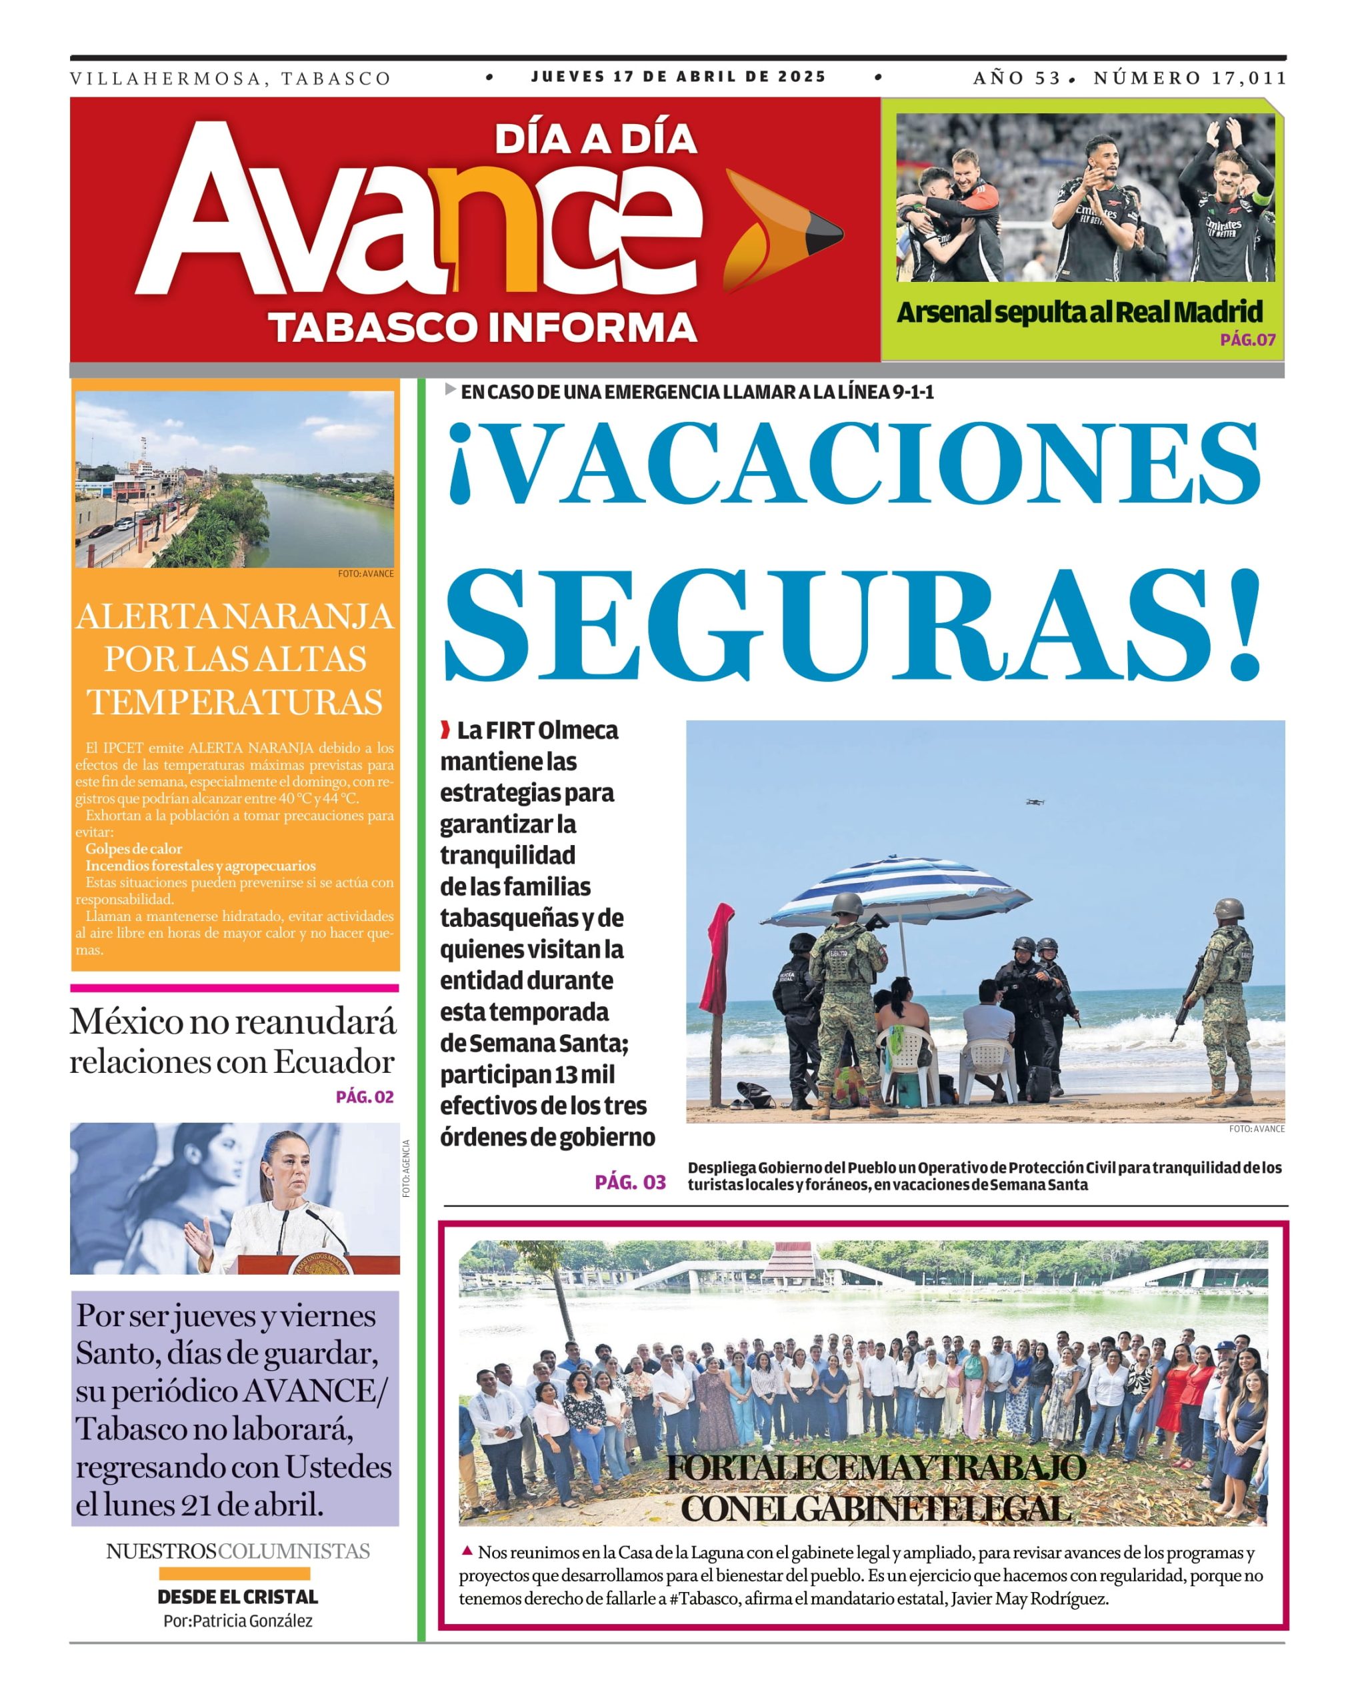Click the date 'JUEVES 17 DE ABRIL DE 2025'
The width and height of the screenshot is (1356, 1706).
[679, 77]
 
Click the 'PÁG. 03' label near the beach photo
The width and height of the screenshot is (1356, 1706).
[630, 1182]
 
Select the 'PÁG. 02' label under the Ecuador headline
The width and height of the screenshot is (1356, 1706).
[364, 1097]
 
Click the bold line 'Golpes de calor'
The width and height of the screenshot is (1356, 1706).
[134, 848]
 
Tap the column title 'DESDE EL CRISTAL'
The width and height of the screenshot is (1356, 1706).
[237, 1597]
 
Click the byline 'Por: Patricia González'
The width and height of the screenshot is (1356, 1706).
[237, 1621]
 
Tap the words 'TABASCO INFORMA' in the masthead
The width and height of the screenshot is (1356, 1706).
[482, 327]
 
